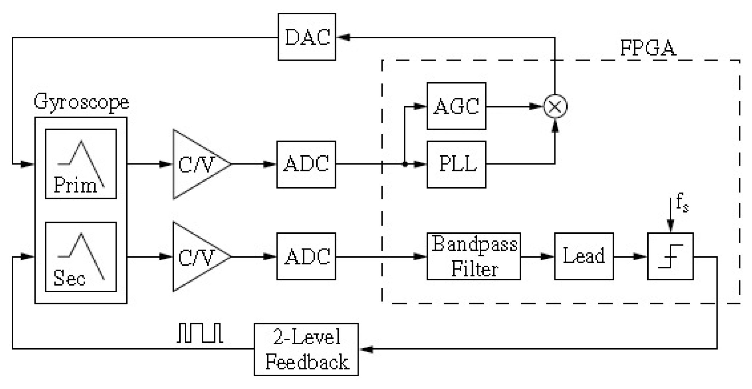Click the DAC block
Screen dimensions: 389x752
tap(307, 37)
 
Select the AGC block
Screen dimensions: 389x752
tap(456, 106)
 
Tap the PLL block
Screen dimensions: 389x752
tap(456, 164)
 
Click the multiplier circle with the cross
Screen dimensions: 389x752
tap(555, 106)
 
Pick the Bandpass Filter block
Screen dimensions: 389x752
tap(473, 256)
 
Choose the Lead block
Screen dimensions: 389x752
tap(584, 256)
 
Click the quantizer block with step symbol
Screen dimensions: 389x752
tap(670, 256)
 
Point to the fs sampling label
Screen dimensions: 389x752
tap(682, 203)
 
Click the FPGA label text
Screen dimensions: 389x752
tap(648, 48)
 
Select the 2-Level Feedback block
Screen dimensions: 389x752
tap(306, 349)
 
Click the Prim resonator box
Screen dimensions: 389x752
tap(81, 164)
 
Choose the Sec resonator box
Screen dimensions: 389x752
tap(81, 257)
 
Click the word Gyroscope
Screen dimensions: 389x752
tap(81, 102)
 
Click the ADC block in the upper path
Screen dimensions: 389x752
tap(306, 164)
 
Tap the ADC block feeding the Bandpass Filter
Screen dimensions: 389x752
tap(306, 256)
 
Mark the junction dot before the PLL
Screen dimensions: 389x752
tap(405, 164)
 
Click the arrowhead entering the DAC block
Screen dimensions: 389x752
tap(344, 37)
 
